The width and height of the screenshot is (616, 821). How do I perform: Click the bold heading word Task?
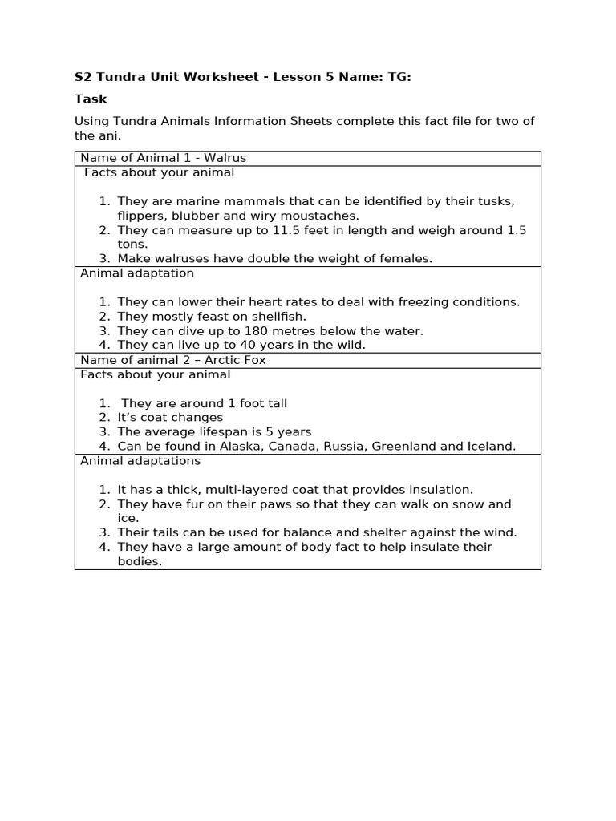[x=91, y=99]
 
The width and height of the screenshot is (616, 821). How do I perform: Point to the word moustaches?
[x=318, y=216]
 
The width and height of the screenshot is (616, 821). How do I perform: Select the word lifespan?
[x=214, y=432]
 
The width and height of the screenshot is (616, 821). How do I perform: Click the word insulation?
[x=440, y=490]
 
